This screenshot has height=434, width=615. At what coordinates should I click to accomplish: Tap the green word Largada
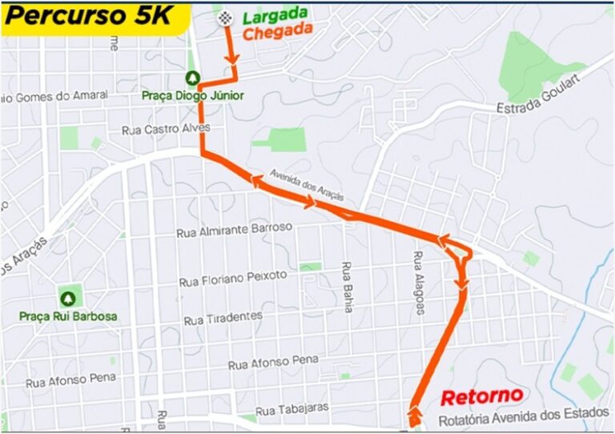[x=275, y=14]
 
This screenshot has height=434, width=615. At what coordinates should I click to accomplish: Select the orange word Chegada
[x=276, y=33]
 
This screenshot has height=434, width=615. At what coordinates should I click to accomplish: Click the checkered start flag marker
[x=227, y=19]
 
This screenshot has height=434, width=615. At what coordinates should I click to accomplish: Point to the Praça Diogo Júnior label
[x=192, y=95]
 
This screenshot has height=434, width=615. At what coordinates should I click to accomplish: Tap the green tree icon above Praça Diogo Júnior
[x=192, y=78]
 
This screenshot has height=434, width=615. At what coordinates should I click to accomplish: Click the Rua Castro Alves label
[x=166, y=128]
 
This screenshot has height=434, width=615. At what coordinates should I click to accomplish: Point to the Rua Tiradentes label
[x=223, y=318]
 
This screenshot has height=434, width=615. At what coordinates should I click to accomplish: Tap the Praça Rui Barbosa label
[x=70, y=316]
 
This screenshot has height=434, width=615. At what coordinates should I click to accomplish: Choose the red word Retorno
[x=481, y=396]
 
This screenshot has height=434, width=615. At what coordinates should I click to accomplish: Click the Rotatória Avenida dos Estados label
[x=523, y=420]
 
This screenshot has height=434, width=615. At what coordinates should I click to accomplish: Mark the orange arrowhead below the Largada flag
[x=233, y=59]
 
